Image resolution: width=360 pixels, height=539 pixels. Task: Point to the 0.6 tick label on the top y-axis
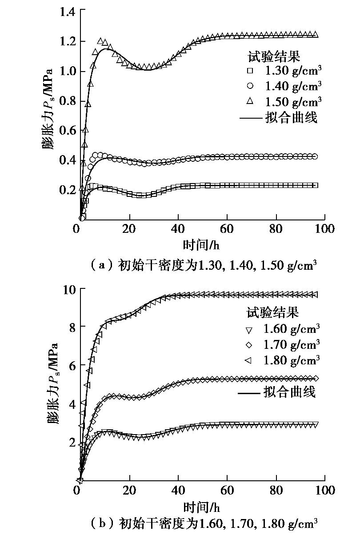click(x=67, y=131)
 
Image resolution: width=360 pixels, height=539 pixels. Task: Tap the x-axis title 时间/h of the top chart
click(x=201, y=245)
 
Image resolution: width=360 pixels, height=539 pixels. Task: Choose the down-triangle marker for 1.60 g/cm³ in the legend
click(x=249, y=330)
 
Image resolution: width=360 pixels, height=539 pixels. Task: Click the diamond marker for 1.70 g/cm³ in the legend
click(x=249, y=345)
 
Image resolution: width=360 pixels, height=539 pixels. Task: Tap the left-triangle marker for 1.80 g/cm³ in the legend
click(x=249, y=359)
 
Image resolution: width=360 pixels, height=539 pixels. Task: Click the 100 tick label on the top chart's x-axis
click(x=325, y=229)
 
